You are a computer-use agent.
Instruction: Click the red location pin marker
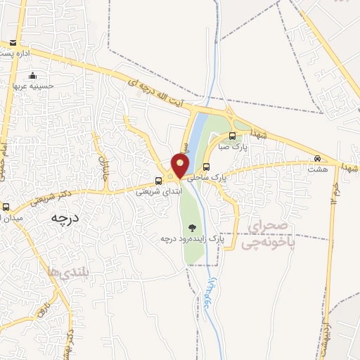(181, 165)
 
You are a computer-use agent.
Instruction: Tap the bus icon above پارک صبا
(233, 137)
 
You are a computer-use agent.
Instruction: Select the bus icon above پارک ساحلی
(206, 167)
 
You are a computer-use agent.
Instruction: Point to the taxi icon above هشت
(317, 159)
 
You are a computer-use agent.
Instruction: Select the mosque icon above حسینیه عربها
(32, 76)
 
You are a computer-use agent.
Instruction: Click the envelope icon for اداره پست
(13, 43)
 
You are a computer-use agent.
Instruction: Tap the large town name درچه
(63, 218)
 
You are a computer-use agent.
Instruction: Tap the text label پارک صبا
(233, 148)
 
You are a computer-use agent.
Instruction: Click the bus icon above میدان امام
(6, 207)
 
